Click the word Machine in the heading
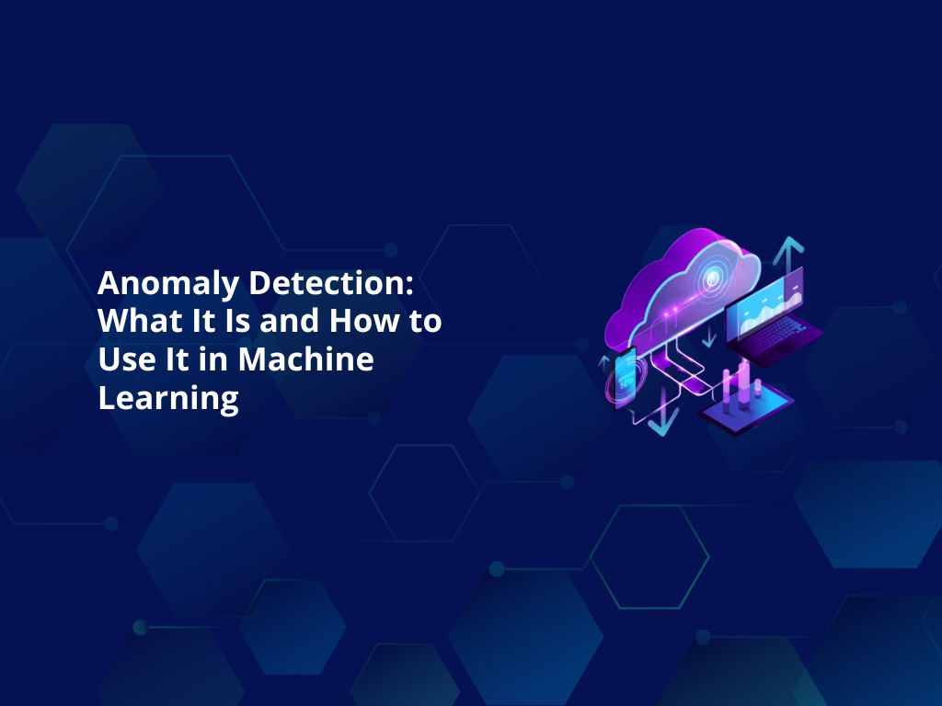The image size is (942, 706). (306, 360)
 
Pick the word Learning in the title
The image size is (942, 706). (167, 399)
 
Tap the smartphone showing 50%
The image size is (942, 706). (625, 375)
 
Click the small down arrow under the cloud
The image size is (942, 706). (708, 337)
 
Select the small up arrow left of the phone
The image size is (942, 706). (603, 362)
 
